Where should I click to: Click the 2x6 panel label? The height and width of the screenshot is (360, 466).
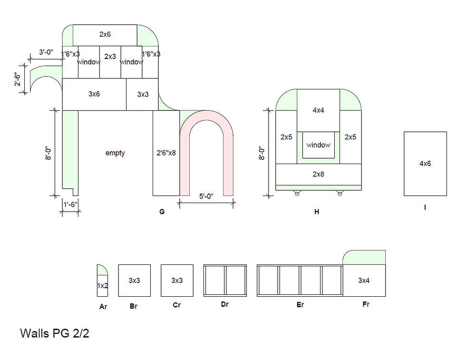[x=105, y=35]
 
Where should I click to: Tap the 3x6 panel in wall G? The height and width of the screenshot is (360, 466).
[x=94, y=94]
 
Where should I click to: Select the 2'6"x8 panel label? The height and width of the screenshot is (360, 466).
[x=166, y=153]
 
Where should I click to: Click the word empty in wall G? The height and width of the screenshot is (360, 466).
[x=115, y=153]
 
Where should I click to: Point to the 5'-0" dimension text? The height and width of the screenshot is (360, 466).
[x=206, y=196]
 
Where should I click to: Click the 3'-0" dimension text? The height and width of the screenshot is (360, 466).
[x=46, y=52]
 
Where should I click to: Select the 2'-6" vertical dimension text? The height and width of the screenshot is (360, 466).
[x=18, y=79]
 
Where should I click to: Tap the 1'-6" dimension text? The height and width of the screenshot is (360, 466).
[x=70, y=204]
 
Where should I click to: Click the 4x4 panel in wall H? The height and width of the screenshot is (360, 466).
[x=318, y=110]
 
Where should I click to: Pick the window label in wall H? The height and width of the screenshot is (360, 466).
[x=318, y=145]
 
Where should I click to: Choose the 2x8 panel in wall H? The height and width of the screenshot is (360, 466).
[x=318, y=174]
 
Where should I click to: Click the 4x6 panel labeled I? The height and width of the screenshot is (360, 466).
[x=425, y=164]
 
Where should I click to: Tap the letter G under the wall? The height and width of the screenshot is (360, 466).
[x=162, y=212]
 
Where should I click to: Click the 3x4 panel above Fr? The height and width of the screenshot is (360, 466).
[x=364, y=280]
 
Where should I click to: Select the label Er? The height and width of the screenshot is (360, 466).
[x=300, y=305]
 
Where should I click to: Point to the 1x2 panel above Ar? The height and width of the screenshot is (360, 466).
[x=103, y=286]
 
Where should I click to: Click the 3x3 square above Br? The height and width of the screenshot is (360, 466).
[x=134, y=280]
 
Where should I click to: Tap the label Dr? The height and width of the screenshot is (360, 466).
[x=225, y=304]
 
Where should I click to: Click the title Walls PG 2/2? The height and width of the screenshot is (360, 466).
[x=54, y=333]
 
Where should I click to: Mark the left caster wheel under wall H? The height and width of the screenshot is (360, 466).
[x=297, y=194]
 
